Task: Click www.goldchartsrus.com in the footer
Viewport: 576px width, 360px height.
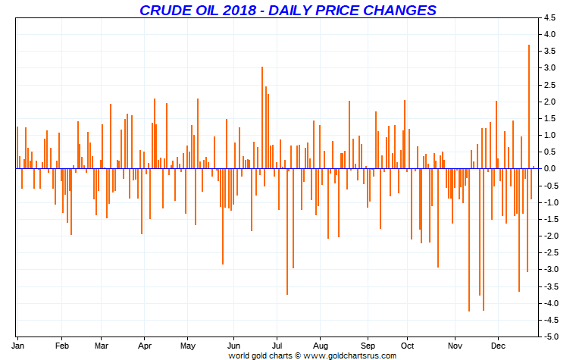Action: [350, 355]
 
